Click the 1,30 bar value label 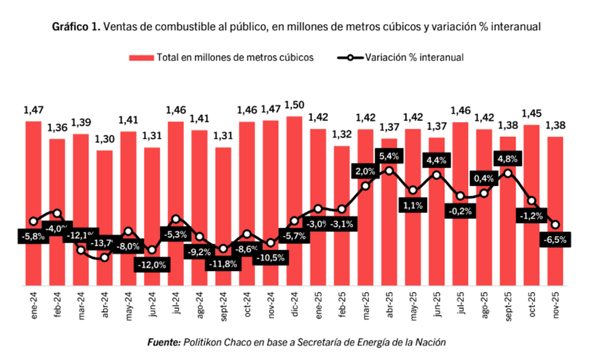coord(104,139)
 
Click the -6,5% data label coord(556,240)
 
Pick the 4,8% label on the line coord(508,159)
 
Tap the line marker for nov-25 coord(556,225)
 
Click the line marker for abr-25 coord(389,171)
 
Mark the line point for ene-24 coord(33,221)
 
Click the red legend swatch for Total coord(141,57)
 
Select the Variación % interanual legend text coord(414,57)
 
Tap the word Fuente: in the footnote coord(164,342)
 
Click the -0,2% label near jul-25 coord(461,211)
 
